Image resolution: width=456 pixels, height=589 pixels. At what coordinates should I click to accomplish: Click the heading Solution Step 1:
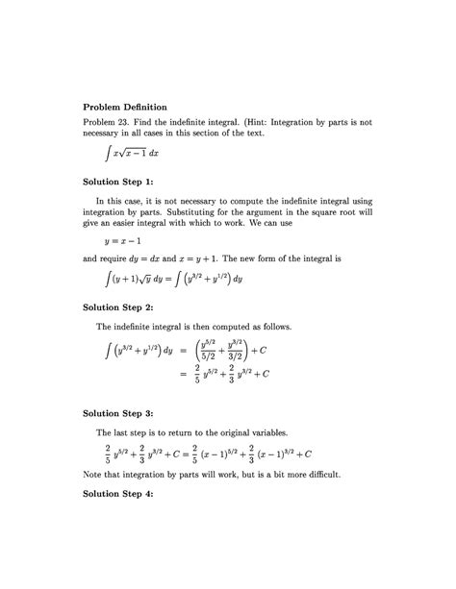[x=124, y=181]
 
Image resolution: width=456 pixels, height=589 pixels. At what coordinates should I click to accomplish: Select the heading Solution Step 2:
[x=124, y=307]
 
